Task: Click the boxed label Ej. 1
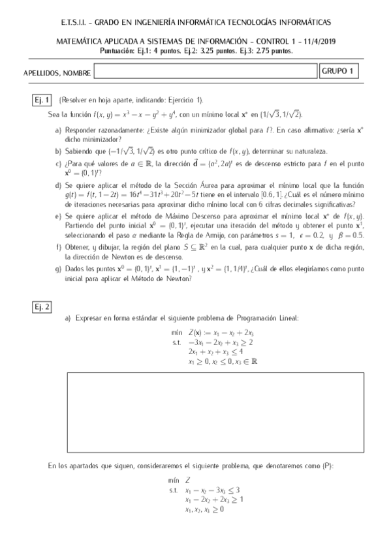click(42, 100)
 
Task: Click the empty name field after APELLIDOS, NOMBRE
click(206, 71)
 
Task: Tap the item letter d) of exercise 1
click(59, 186)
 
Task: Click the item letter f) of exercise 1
click(59, 247)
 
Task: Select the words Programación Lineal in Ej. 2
click(265, 318)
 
